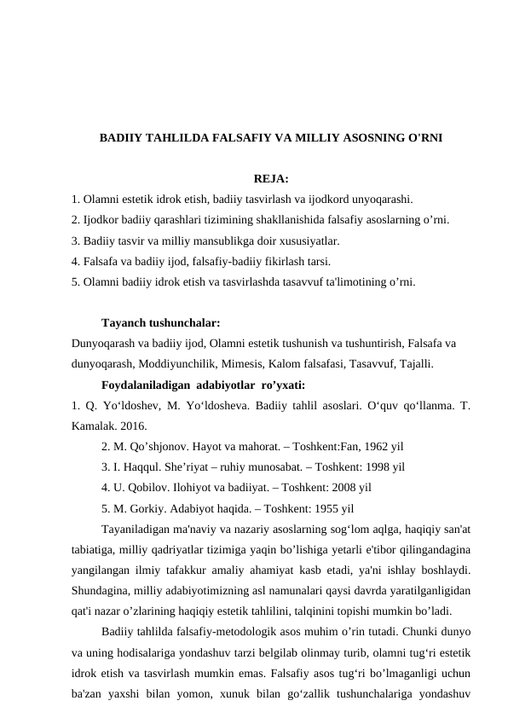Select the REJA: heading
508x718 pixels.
tap(271, 179)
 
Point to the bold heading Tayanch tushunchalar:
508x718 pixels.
tap(160, 324)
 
